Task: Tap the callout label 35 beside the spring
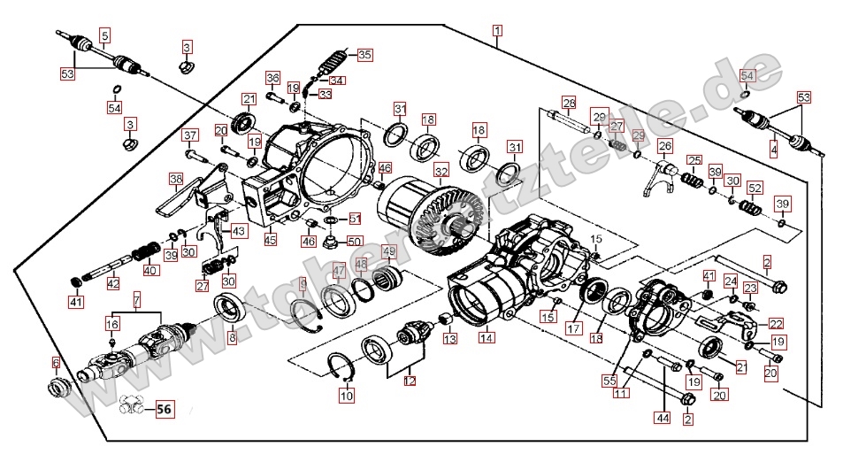364,54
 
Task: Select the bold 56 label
165,409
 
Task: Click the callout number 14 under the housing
487,338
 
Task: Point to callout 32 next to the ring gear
440,171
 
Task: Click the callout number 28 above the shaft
568,103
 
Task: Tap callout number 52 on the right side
754,188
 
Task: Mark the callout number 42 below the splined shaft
112,283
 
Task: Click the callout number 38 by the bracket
176,179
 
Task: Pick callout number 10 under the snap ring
346,397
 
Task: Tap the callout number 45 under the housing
270,239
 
